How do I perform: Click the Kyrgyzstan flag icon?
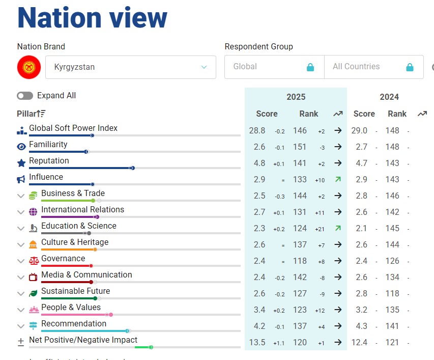[29, 67]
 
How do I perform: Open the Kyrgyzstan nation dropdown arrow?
[204, 67]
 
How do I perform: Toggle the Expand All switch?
[25, 96]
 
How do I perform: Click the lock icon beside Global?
[310, 67]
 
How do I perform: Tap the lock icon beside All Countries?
[410, 67]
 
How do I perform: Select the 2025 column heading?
[296, 97]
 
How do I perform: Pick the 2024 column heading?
[389, 97]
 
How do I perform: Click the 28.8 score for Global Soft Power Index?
[257, 130]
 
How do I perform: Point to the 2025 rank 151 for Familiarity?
[300, 147]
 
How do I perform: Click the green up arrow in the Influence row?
[338, 179]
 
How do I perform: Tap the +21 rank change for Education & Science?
[320, 229]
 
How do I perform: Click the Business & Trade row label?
[73, 193]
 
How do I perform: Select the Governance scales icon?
[34, 261]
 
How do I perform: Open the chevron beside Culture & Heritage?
[21, 244]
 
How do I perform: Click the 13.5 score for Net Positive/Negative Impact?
[257, 342]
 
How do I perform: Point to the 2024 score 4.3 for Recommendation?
[359, 326]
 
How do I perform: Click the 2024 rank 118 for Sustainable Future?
[392, 293]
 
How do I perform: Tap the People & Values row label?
[71, 308]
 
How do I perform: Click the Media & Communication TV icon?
[34, 277]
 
